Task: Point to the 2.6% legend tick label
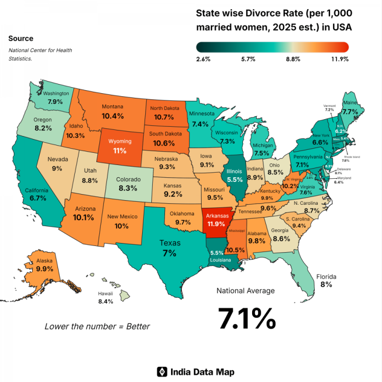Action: (203, 60)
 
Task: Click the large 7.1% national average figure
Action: (247, 318)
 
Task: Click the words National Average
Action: (245, 291)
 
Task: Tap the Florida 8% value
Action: (326, 285)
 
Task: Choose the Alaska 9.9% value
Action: (45, 268)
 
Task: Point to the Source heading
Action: (21, 39)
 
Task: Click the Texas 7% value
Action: (170, 253)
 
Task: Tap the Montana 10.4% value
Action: (112, 116)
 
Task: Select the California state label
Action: (36, 190)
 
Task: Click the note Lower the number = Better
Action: (97, 326)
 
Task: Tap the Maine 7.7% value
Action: (350, 111)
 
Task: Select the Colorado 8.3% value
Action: (127, 188)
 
